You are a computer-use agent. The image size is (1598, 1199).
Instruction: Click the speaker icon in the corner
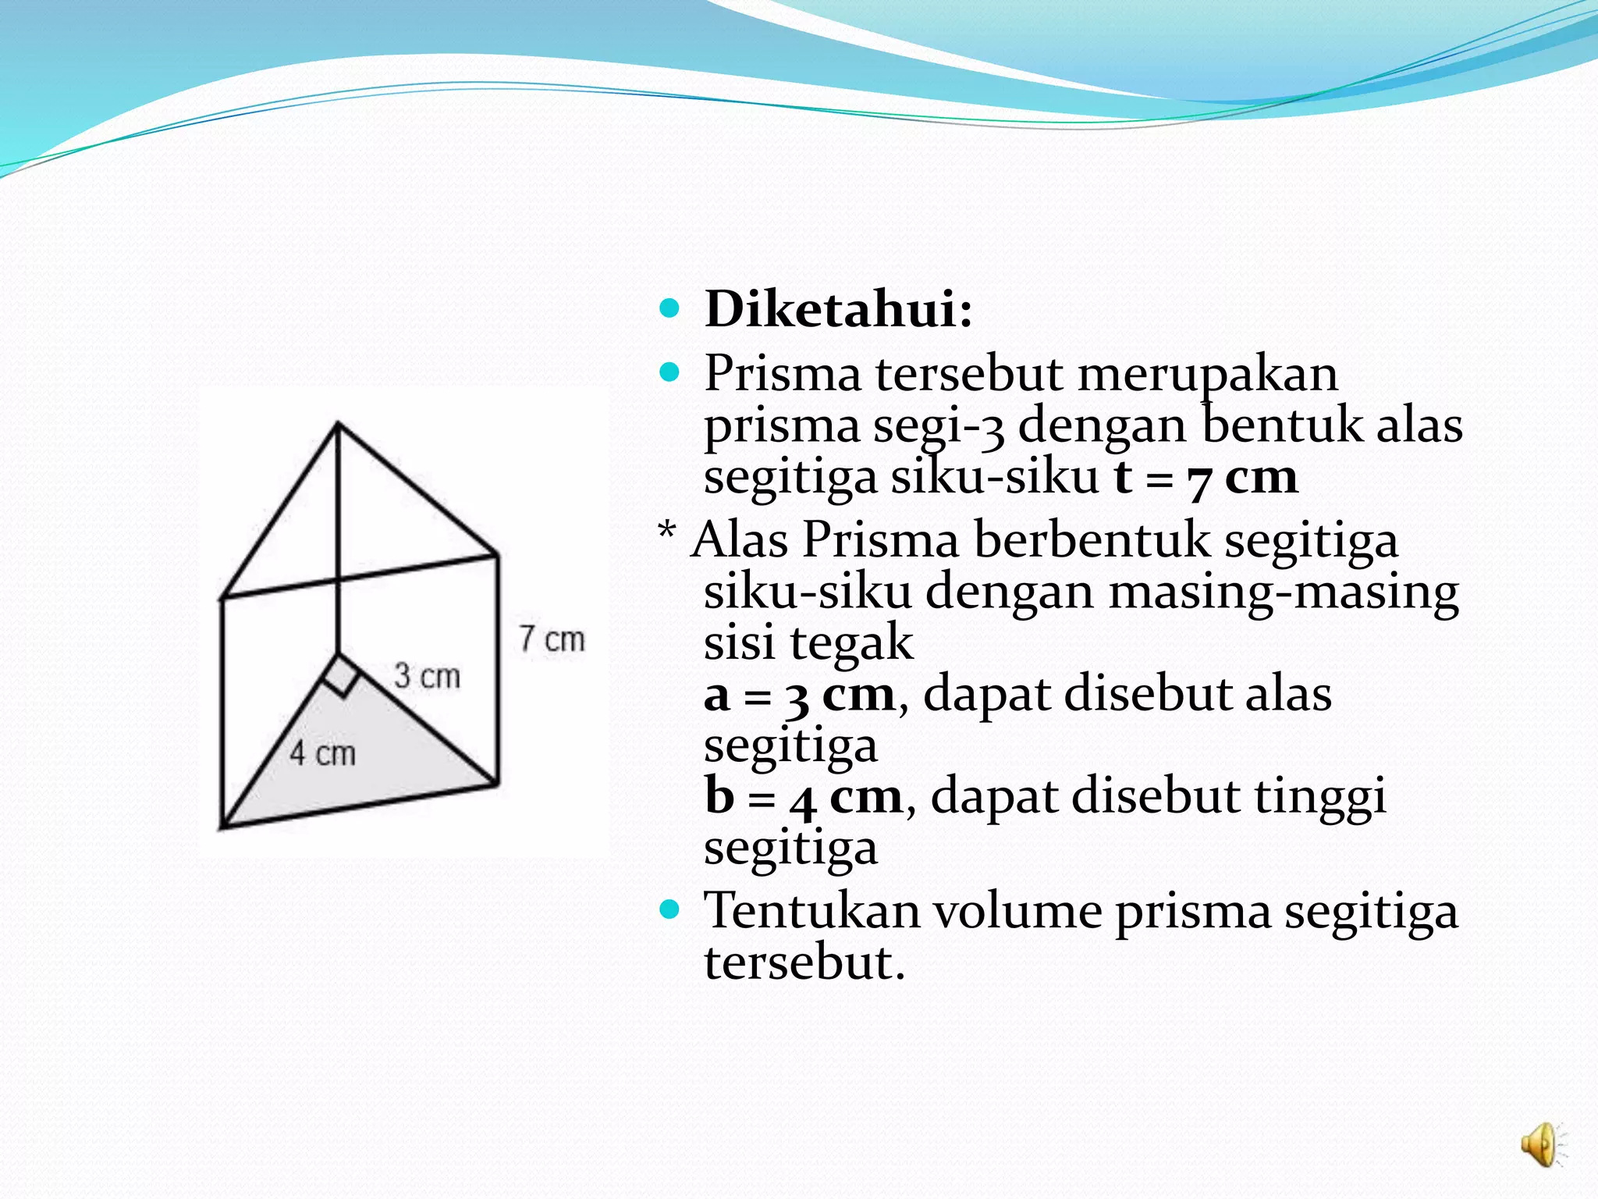click(x=1540, y=1145)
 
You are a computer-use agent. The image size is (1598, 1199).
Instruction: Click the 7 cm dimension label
click(x=552, y=639)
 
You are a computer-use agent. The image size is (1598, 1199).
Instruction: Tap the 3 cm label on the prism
click(x=427, y=675)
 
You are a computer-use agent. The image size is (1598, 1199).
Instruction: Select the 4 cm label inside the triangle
click(x=322, y=753)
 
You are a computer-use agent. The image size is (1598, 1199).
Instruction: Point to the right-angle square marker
click(x=341, y=675)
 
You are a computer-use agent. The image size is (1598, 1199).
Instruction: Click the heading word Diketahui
click(x=838, y=309)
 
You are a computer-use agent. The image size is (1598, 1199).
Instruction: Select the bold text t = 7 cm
click(x=1205, y=478)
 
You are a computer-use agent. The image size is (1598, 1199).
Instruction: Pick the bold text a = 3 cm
click(x=799, y=695)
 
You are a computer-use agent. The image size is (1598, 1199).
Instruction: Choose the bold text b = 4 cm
click(x=803, y=797)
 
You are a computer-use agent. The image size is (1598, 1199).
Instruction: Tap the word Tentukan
click(x=811, y=911)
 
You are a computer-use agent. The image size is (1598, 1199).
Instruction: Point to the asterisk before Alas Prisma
click(x=667, y=534)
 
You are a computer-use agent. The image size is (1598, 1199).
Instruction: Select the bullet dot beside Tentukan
click(x=669, y=909)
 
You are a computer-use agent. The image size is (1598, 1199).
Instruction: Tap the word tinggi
click(x=1319, y=797)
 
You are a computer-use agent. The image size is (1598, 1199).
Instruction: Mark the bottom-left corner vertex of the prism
click(x=222, y=826)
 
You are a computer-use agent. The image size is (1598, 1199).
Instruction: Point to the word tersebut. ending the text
click(x=804, y=962)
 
